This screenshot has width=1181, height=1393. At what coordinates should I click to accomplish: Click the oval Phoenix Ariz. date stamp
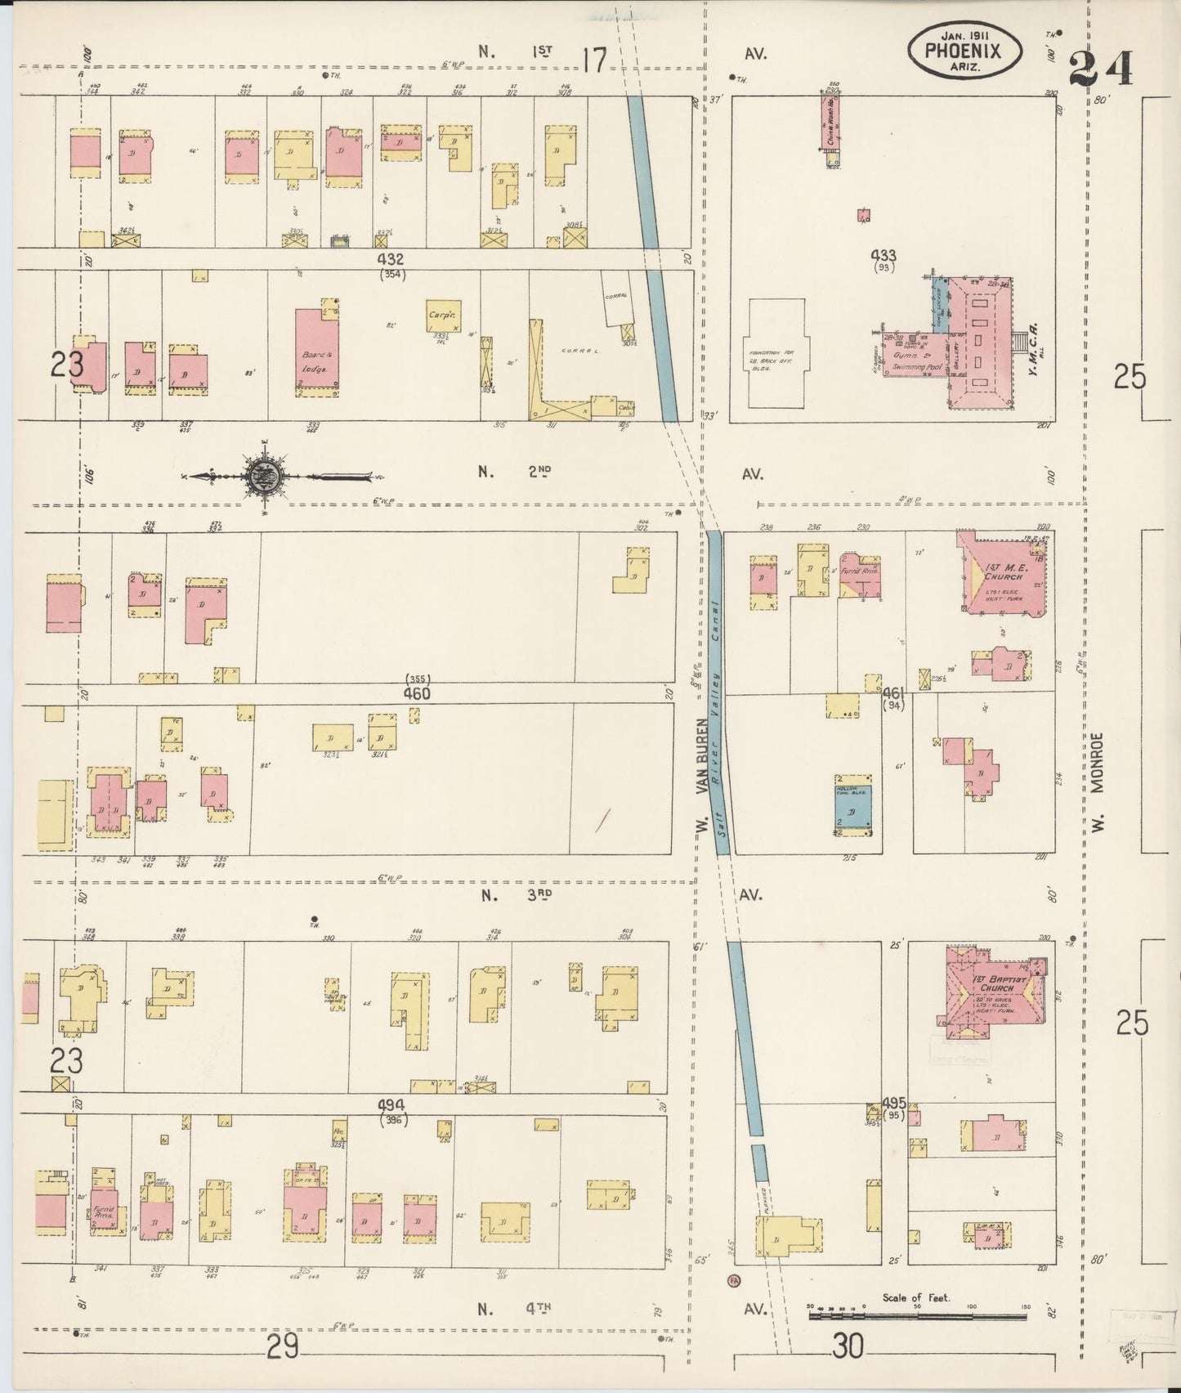tap(965, 48)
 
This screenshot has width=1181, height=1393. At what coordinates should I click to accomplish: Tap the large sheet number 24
tap(1101, 68)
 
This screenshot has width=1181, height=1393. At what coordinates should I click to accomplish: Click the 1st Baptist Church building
tap(991, 990)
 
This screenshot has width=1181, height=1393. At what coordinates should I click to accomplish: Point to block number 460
tap(416, 693)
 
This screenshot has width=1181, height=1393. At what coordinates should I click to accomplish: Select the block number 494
tap(393, 1104)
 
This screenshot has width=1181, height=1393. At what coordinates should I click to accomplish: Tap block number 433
tap(884, 257)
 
